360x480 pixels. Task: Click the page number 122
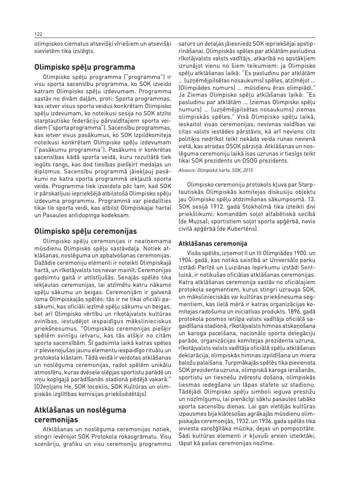tap(38, 34)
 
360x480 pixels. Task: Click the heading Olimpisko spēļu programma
tap(84, 67)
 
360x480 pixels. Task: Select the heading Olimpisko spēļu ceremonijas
tap(85, 231)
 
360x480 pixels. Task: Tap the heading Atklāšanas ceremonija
tap(213, 243)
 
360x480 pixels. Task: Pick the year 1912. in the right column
tap(219, 207)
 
